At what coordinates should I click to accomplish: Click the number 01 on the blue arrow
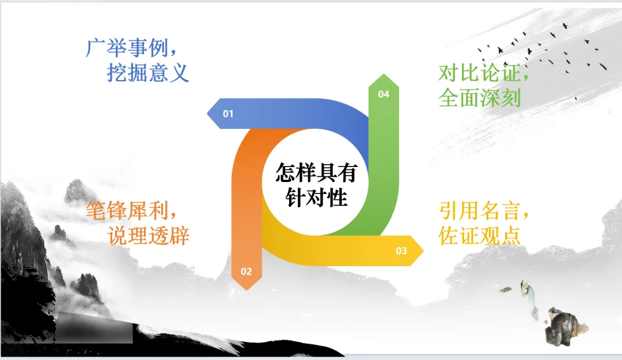coord(229,113)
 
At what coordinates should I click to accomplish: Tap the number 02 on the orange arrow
coord(246,271)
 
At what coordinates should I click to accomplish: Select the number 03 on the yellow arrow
coord(401,251)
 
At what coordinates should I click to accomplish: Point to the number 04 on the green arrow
coord(384,94)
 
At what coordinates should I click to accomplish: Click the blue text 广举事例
coord(128,48)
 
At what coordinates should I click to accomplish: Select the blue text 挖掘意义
coord(148,73)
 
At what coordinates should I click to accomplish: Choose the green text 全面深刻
coord(479,98)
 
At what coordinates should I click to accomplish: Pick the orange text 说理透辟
coord(148,236)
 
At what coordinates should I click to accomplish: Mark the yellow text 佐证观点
coord(479,236)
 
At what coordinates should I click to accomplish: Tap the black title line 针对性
coord(317,198)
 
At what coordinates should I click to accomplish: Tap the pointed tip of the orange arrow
coord(246,287)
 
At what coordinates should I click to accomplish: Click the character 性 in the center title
coord(337,198)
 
